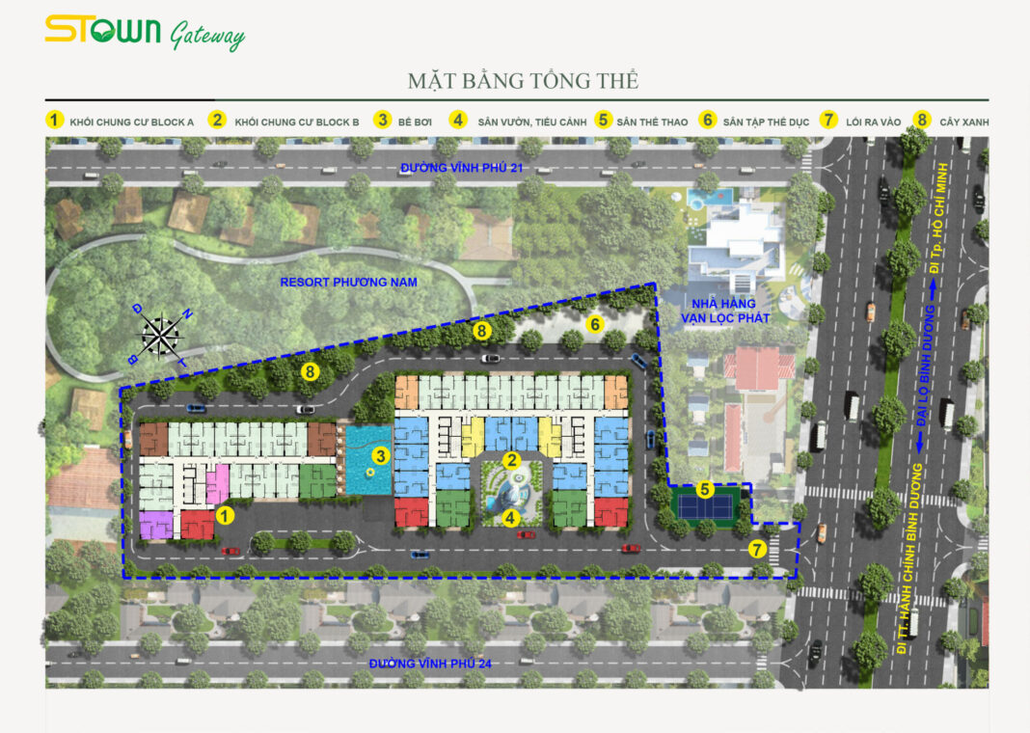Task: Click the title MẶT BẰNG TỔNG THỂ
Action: [523, 80]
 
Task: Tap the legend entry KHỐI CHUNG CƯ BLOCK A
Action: [132, 122]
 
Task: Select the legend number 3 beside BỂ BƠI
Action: [383, 121]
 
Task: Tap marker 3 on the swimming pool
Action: [381, 455]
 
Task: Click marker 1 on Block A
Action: [225, 516]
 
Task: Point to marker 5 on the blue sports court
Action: [706, 489]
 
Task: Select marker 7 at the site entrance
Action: [757, 550]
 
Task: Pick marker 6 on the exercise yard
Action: [595, 324]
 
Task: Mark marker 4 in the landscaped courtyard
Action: [511, 516]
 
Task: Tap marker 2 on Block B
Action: [511, 460]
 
